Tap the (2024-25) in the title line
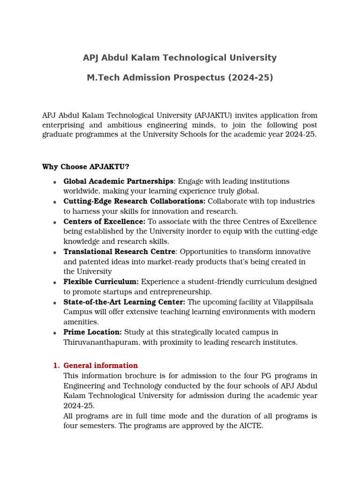[x=250, y=77]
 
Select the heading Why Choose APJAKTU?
[x=85, y=167]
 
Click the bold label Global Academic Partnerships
[x=118, y=181]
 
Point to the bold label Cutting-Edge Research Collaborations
[x=134, y=202]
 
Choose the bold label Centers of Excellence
[x=104, y=222]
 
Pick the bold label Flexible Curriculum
[x=101, y=282]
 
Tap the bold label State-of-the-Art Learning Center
[x=124, y=302]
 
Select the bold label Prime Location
[x=92, y=332]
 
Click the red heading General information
[x=100, y=366]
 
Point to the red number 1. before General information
[x=56, y=366]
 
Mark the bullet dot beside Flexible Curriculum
[x=55, y=283]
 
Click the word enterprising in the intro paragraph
[x=64, y=125]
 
